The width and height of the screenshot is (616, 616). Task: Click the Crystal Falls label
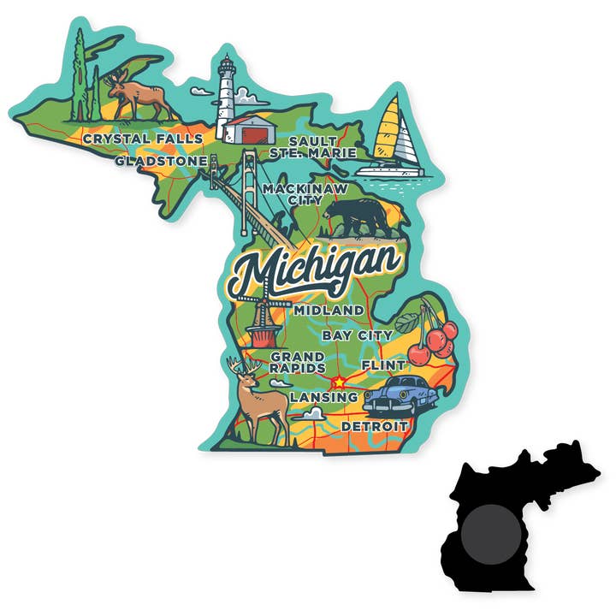pos(143,139)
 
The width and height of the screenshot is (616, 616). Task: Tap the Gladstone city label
pos(161,160)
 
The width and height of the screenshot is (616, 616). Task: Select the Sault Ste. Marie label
pos(318,146)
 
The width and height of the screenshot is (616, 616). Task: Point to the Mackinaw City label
pos(293,193)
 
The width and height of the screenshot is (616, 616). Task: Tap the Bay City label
pos(358,335)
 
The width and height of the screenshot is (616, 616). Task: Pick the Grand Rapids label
pos(297,361)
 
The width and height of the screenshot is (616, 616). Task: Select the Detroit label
pos(375,425)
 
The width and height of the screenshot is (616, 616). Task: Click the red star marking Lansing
pos(340,382)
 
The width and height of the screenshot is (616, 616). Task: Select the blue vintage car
pos(400,394)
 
